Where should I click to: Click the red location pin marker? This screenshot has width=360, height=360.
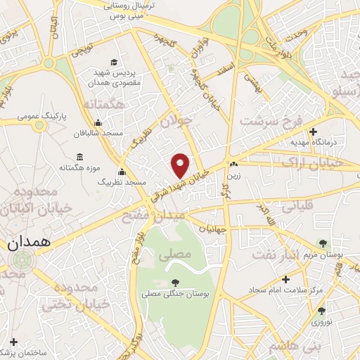pos(181,165)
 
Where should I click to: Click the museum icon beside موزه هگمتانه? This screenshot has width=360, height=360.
pos(77,157)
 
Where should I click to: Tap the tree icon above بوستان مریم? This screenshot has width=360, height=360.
pos(323,243)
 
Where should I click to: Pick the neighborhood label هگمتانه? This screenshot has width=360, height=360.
pos(108,105)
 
